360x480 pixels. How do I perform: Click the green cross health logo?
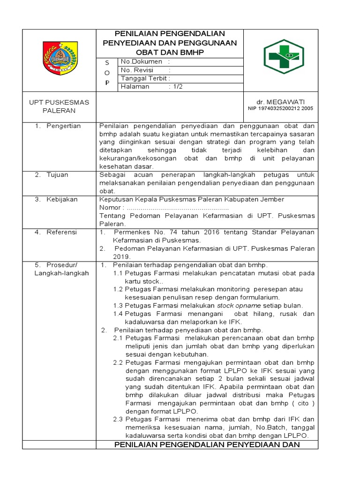[283, 57]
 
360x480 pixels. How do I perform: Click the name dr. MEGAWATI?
[280, 102]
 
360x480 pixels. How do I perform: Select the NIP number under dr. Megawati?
[280, 108]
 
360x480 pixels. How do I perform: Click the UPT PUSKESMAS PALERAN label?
[59, 106]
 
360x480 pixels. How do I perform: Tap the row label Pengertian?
[63, 126]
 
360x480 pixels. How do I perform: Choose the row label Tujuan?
[57, 175]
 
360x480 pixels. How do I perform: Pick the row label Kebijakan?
[62, 200]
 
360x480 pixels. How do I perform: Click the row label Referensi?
[61, 232]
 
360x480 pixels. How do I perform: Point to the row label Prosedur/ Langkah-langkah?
[61, 269]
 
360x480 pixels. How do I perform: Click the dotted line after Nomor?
[178, 208]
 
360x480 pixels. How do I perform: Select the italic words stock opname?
[236, 305]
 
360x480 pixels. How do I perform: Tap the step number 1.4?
[118, 314]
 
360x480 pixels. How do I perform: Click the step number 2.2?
[118, 362]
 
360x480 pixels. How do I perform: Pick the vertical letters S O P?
[107, 72]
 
